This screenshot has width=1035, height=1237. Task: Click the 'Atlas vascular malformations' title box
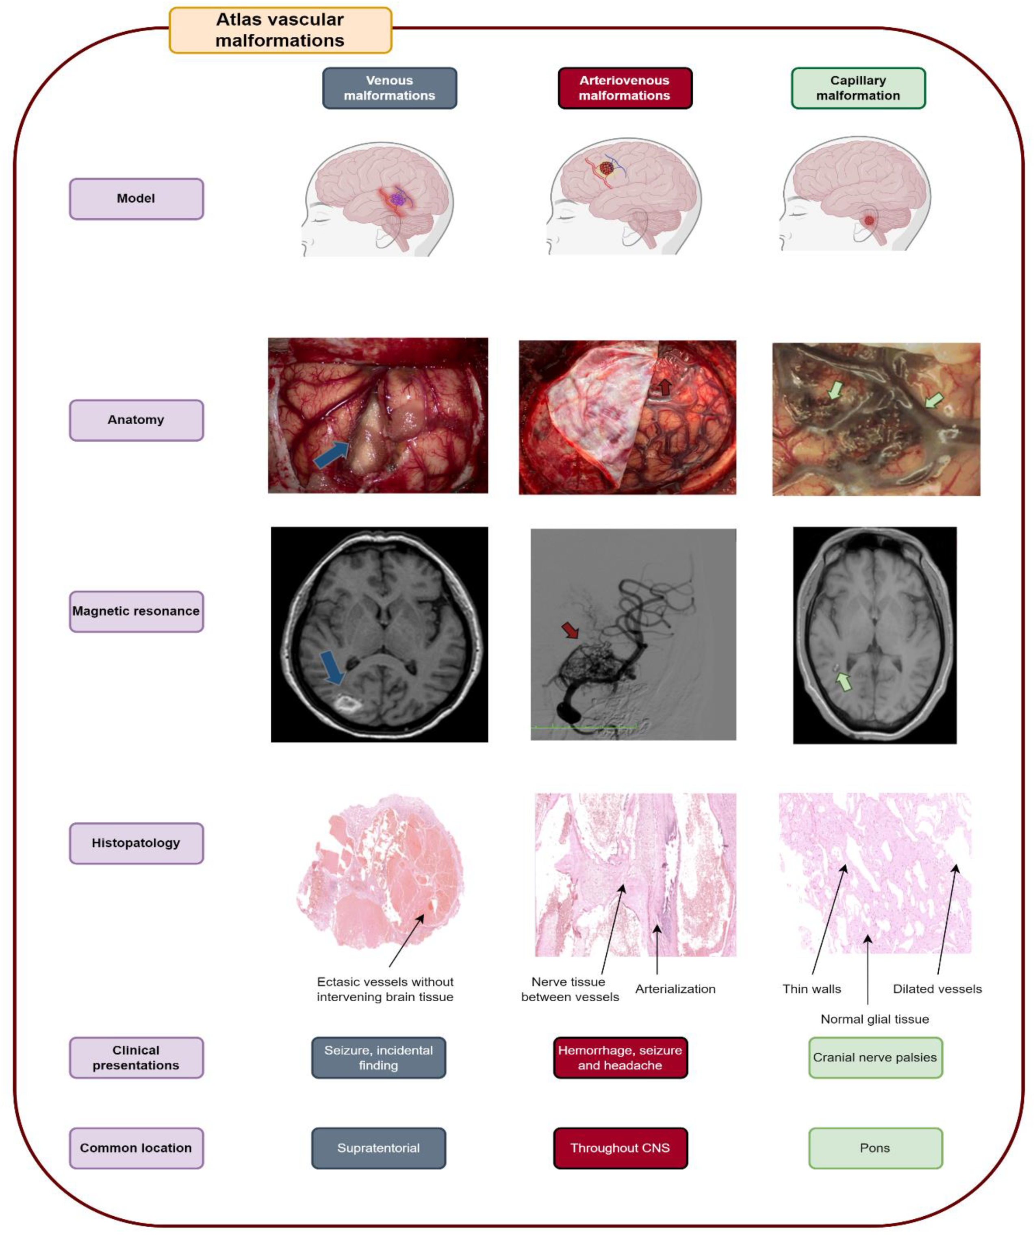coord(280,30)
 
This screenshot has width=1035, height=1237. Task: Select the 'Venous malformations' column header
coord(389,88)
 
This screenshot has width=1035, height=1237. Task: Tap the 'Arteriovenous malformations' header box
coord(625,88)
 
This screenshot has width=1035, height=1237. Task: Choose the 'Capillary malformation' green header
coord(858,88)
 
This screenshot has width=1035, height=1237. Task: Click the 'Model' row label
coord(136,198)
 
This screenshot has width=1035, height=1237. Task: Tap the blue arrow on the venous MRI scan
coord(333,667)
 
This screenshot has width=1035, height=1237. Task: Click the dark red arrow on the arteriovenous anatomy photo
coord(664,387)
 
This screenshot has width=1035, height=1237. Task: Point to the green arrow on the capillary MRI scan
coord(844,682)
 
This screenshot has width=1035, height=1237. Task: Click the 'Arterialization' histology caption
coord(675,989)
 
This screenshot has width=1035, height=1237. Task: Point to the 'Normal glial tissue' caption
coord(875,1019)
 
